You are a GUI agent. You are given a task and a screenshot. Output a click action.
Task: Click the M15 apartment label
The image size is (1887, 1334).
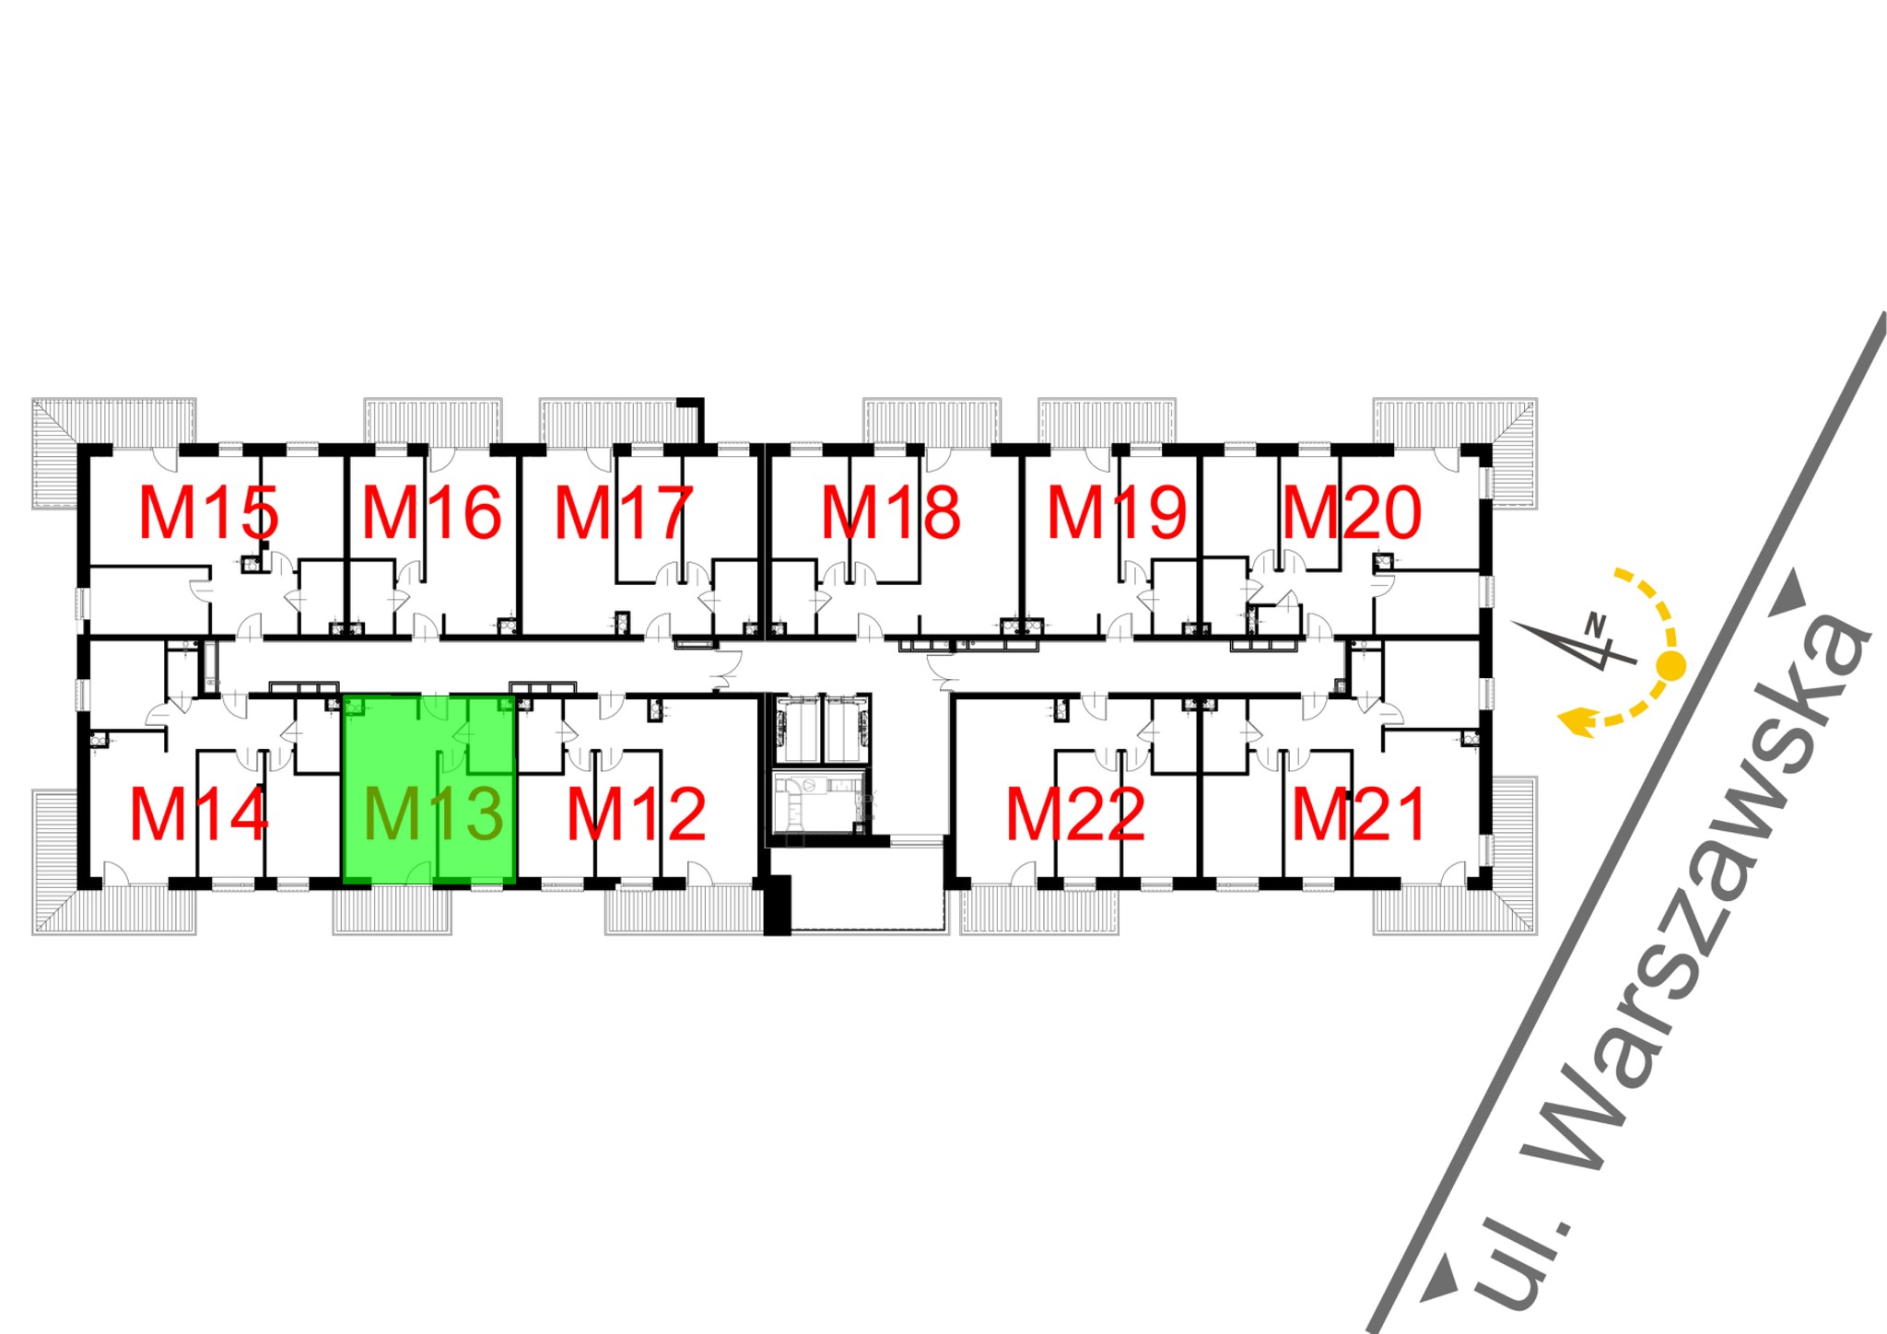pyautogui.click(x=208, y=513)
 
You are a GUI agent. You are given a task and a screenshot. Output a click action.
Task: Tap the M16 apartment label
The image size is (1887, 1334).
pyautogui.click(x=431, y=513)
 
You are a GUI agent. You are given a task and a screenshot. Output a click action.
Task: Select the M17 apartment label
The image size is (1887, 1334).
pyautogui.click(x=623, y=513)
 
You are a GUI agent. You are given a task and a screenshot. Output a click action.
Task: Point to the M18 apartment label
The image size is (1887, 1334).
pyautogui.click(x=890, y=513)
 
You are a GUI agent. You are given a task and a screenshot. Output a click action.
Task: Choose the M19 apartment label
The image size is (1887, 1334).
pyautogui.click(x=1117, y=513)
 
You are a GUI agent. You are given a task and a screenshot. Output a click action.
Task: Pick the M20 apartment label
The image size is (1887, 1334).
pyautogui.click(x=1352, y=513)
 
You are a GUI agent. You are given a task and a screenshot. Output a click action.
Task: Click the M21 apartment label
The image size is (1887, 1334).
pyautogui.click(x=1359, y=814)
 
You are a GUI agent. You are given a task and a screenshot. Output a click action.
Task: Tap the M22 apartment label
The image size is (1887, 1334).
pyautogui.click(x=1075, y=814)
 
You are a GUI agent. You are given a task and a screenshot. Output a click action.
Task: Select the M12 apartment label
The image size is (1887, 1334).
pyautogui.click(x=636, y=814)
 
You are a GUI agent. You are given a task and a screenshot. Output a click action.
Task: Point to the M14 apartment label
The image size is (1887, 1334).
pyautogui.click(x=199, y=814)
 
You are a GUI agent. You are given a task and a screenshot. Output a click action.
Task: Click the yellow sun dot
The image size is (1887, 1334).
pyautogui.click(x=1670, y=664)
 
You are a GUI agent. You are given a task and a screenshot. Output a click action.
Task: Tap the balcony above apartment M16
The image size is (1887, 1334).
pyautogui.click(x=433, y=421)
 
